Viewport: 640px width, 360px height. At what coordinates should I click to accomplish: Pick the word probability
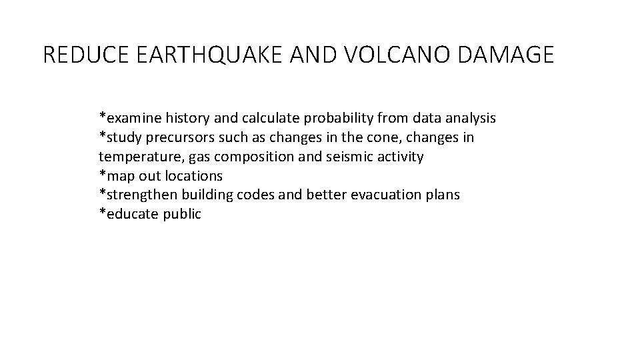coord(341,118)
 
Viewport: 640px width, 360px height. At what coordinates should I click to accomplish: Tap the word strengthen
coord(138,195)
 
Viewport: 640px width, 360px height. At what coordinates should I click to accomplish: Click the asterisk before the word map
coord(102,174)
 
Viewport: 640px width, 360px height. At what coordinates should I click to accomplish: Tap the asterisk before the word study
coord(102,135)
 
